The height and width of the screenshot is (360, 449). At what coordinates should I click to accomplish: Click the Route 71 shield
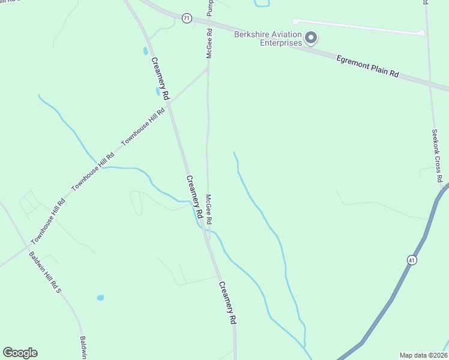pyautogui.click(x=187, y=19)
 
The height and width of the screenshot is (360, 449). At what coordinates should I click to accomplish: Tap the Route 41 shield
pyautogui.click(x=411, y=260)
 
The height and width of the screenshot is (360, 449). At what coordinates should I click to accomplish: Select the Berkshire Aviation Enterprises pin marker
pyautogui.click(x=311, y=38)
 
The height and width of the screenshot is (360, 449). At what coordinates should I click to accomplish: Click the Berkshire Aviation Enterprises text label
pyautogui.click(x=267, y=38)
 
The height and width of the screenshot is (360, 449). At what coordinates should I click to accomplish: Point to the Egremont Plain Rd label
pyautogui.click(x=367, y=65)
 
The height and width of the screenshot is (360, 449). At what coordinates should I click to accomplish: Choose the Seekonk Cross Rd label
pyautogui.click(x=438, y=155)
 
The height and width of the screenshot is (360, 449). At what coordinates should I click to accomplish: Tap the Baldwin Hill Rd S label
pyautogui.click(x=45, y=273)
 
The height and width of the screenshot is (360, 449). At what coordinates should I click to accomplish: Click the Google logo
pyautogui.click(x=20, y=353)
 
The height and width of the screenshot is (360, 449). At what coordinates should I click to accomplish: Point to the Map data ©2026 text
pyautogui.click(x=423, y=355)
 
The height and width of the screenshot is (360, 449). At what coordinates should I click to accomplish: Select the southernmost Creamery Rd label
pyautogui.click(x=228, y=303)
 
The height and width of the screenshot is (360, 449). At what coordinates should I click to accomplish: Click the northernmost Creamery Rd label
pyautogui.click(x=160, y=79)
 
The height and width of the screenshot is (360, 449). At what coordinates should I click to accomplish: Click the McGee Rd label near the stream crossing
pyautogui.click(x=210, y=207)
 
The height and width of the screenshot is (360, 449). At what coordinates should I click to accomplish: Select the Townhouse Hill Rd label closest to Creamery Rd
pyautogui.click(x=143, y=127)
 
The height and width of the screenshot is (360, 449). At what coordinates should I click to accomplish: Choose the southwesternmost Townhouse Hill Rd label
pyautogui.click(x=48, y=220)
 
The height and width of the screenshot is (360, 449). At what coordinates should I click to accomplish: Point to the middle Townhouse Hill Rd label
pyautogui.click(x=93, y=172)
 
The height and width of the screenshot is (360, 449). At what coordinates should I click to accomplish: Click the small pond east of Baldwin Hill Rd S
pyautogui.click(x=100, y=298)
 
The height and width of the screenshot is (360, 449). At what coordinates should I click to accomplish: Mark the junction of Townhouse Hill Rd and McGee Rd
pyautogui.click(x=208, y=68)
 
